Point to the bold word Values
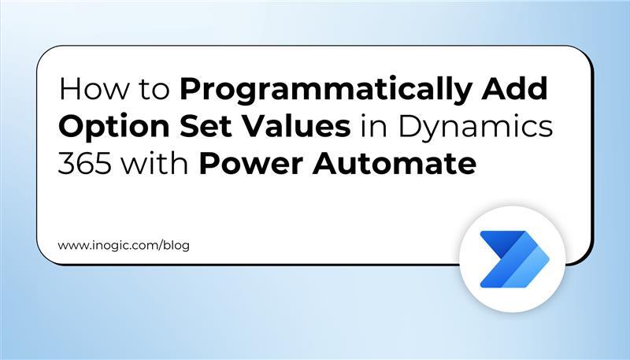point(295,128)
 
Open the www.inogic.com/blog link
point(124,245)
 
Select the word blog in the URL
point(176,245)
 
